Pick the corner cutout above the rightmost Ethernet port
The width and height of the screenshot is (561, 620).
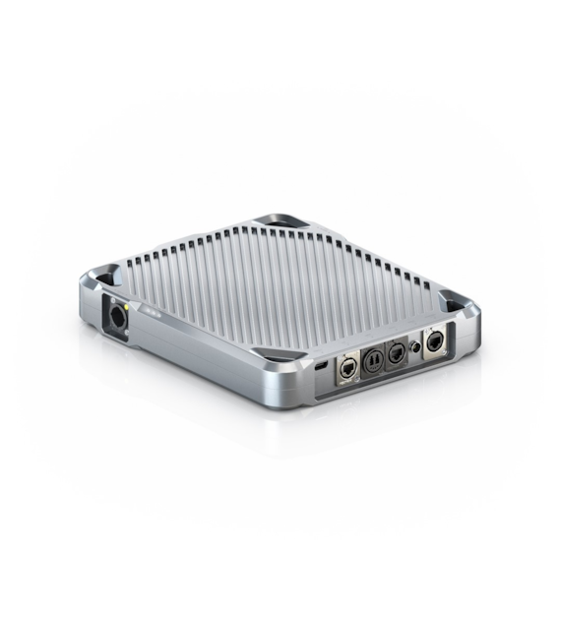452,301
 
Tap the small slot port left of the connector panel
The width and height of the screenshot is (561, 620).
324,366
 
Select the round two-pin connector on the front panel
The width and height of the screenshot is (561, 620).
373,359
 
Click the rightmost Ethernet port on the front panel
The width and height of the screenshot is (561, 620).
433,342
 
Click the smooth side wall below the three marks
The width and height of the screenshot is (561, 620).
197,349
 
